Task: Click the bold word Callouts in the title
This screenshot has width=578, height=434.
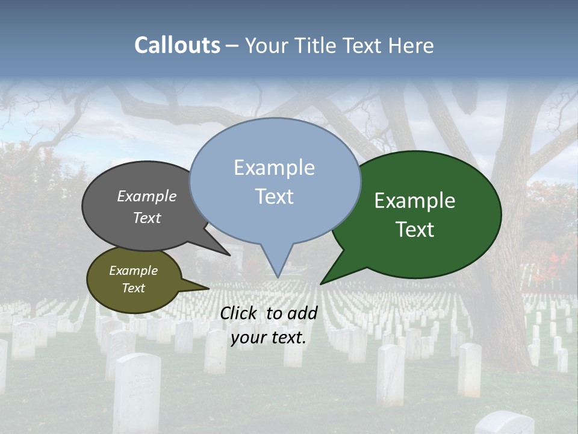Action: point(177,45)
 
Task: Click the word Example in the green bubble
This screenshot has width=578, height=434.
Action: point(415,201)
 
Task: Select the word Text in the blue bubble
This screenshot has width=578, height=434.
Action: point(275,197)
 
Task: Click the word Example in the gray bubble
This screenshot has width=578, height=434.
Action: point(147,196)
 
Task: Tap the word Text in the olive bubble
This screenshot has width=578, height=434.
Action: point(134,288)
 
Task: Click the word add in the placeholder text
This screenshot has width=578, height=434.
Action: point(302,313)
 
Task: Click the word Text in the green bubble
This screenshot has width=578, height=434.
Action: point(415,230)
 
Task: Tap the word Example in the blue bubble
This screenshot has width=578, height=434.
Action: point(274,168)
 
